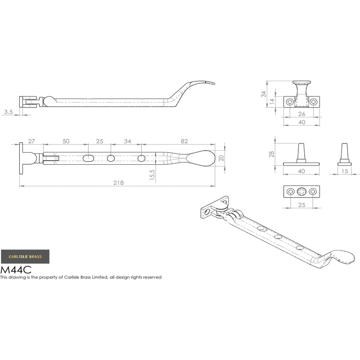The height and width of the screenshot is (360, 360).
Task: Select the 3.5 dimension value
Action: pyautogui.click(x=8, y=111)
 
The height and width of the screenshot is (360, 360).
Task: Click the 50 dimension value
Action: pyautogui.click(x=66, y=141)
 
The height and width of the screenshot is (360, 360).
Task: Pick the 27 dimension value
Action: pyautogui.click(x=31, y=141)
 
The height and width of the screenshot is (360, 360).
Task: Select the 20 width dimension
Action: pyautogui.click(x=220, y=157)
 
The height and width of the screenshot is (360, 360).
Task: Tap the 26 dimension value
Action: pyautogui.click(x=301, y=114)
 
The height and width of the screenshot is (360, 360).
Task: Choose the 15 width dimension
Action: pyautogui.click(x=344, y=171)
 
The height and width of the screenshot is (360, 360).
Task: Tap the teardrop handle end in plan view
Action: pyautogui.click(x=200, y=157)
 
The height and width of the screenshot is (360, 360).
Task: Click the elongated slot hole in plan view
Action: pyautogui.click(x=88, y=158)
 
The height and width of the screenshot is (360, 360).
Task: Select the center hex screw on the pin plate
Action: pyautogui.click(x=301, y=192)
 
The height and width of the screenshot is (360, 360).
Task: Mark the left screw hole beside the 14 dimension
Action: pyautogui.click(x=289, y=102)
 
